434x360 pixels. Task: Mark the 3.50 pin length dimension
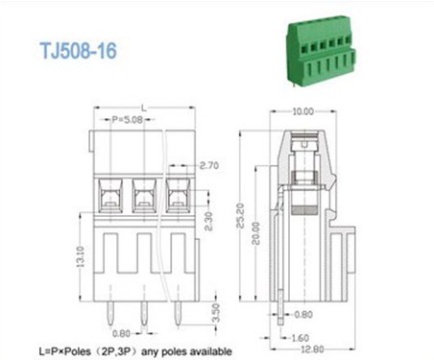click(x=214, y=312)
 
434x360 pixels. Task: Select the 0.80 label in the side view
click(x=304, y=314)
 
